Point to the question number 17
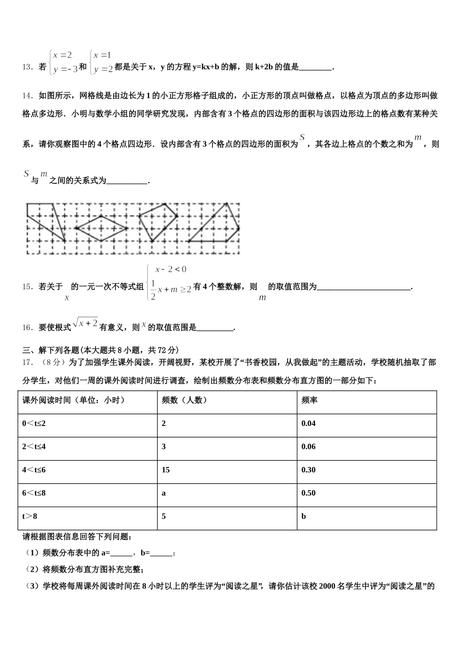(x=27, y=362)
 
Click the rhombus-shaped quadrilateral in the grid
(x=101, y=228)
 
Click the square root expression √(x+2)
(x=85, y=323)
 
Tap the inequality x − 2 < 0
(x=171, y=269)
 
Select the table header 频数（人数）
(x=185, y=400)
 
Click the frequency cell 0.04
(x=309, y=424)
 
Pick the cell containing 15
(x=166, y=470)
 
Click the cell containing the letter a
(x=164, y=493)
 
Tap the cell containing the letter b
(x=304, y=516)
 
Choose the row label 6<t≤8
(x=34, y=493)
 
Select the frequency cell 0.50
(x=309, y=493)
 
